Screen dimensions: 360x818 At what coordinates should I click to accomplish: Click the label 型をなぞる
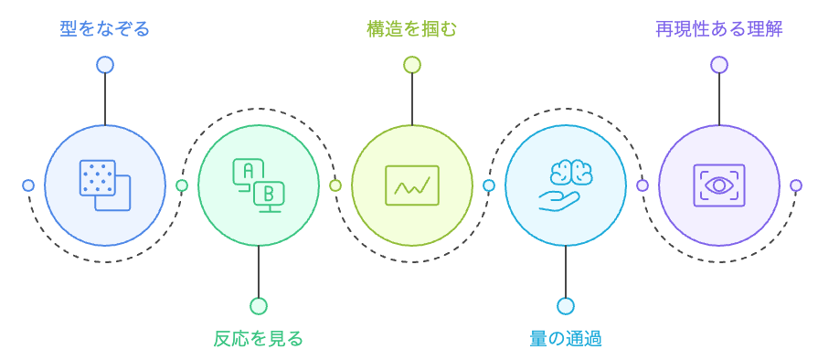pyautogui.click(x=104, y=29)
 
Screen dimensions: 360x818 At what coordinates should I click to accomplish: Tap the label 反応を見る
pyautogui.click(x=258, y=339)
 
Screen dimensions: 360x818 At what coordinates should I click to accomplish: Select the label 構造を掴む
pyautogui.click(x=411, y=29)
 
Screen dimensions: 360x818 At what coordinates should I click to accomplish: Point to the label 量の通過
pyautogui.click(x=565, y=339)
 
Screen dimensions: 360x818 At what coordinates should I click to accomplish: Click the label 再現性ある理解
pyautogui.click(x=718, y=29)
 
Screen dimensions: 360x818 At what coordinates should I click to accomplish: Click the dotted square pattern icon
pyautogui.click(x=105, y=185)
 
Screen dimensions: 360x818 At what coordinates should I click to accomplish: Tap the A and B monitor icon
pyautogui.click(x=259, y=185)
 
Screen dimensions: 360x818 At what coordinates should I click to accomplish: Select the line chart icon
pyautogui.click(x=412, y=185)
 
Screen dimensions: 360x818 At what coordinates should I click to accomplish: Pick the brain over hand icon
pyautogui.click(x=566, y=185)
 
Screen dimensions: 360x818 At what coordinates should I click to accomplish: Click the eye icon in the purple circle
pyautogui.click(x=719, y=185)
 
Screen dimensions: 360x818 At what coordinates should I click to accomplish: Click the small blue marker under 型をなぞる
pyautogui.click(x=105, y=65)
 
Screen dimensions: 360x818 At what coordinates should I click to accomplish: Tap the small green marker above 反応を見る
pyautogui.click(x=259, y=306)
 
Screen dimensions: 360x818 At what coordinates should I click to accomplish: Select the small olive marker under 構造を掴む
pyautogui.click(x=412, y=65)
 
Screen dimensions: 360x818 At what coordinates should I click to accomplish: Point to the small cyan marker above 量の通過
pyautogui.click(x=566, y=306)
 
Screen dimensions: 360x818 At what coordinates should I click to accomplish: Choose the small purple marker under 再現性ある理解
pyautogui.click(x=719, y=65)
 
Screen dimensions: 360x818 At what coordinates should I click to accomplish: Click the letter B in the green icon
pyautogui.click(x=269, y=193)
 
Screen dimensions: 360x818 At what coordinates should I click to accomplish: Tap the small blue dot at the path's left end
pyautogui.click(x=28, y=185)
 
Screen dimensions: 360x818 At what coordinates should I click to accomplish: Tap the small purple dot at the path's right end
pyautogui.click(x=796, y=185)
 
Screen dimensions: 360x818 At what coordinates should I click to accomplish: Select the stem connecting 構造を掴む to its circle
pyautogui.click(x=412, y=99)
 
